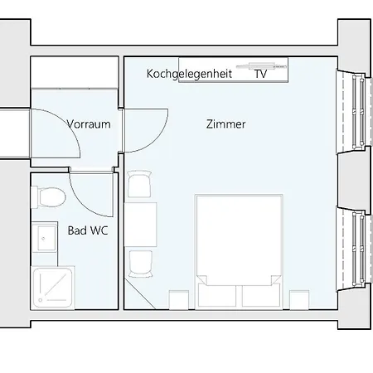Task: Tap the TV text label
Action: click(260, 74)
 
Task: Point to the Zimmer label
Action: click(225, 124)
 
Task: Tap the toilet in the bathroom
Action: click(50, 197)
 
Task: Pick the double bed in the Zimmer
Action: click(239, 249)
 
